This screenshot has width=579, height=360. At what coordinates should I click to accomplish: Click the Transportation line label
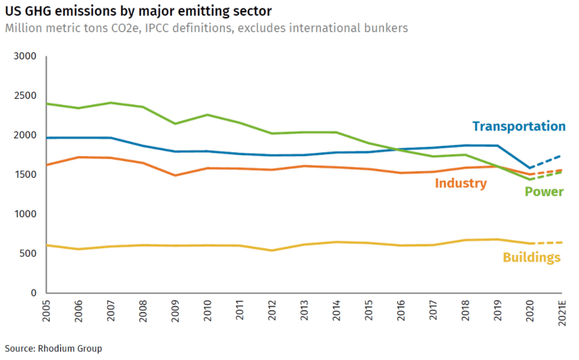click(519, 126)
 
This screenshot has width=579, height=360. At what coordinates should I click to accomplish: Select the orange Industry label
click(461, 183)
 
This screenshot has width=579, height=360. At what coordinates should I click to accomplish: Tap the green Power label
click(544, 192)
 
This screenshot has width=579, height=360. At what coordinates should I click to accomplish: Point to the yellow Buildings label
click(531, 257)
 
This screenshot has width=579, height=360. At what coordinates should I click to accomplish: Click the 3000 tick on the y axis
click(26, 56)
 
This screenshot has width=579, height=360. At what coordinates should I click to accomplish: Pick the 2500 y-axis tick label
click(26, 96)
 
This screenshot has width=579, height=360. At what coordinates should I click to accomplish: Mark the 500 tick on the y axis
click(29, 253)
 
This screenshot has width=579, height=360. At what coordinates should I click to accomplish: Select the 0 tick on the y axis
click(34, 293)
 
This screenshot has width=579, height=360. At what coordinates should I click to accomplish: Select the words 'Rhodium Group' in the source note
click(70, 348)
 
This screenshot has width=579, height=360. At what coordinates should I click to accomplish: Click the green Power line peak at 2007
click(111, 103)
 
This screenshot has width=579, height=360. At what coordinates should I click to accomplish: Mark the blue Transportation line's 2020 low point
click(530, 168)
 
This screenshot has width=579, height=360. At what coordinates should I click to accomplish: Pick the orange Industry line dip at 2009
click(176, 175)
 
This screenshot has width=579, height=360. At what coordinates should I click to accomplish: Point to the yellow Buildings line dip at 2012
click(272, 250)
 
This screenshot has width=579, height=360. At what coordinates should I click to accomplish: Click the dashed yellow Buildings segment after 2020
click(547, 243)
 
